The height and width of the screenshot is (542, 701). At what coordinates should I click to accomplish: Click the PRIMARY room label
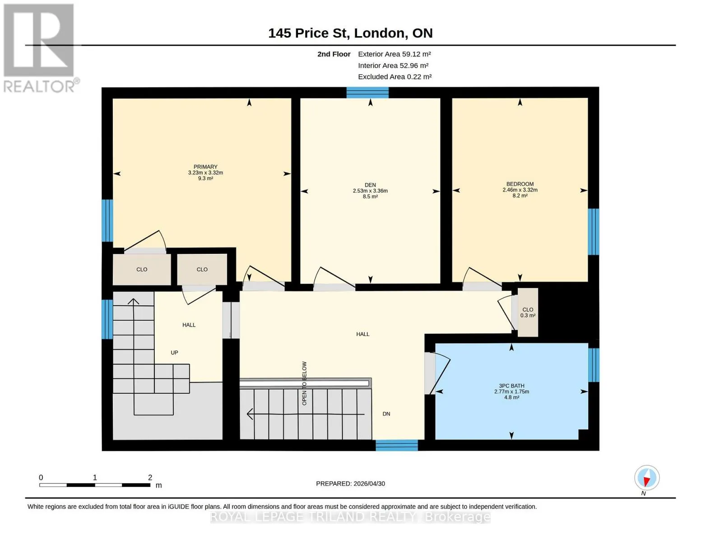205,167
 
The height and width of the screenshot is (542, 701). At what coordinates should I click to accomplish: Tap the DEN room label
370,185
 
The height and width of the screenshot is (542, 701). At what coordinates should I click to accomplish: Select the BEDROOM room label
520,184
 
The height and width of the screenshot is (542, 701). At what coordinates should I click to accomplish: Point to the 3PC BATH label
511,386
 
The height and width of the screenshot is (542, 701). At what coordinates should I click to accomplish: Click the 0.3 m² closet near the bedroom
528,312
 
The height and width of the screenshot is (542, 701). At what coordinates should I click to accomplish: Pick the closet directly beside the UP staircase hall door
202,270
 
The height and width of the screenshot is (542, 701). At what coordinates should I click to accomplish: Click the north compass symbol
646,478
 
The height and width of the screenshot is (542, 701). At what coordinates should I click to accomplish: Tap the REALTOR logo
39,48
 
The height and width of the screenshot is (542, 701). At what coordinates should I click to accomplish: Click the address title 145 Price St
309,33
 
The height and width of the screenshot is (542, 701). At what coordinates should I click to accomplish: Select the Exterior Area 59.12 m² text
394,54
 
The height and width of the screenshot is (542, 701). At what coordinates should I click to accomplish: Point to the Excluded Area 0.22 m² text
395,76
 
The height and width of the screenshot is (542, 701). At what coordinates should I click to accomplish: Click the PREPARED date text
350,484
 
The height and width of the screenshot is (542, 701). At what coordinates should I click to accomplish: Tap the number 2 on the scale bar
150,477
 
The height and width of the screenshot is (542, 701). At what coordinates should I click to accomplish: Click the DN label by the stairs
386,414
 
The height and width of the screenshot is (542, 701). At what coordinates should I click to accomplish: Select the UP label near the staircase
174,352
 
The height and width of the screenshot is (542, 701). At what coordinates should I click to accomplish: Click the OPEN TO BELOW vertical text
304,383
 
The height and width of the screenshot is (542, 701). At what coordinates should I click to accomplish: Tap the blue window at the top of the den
367,93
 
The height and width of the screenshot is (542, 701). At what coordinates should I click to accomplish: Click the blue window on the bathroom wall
594,365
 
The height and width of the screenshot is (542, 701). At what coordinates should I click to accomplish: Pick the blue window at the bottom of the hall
397,445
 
